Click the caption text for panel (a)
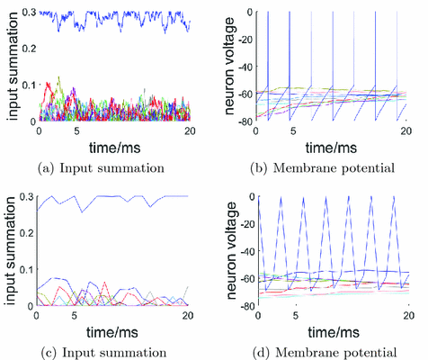105,167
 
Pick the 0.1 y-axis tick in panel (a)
27,85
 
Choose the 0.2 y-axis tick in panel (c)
27,232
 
